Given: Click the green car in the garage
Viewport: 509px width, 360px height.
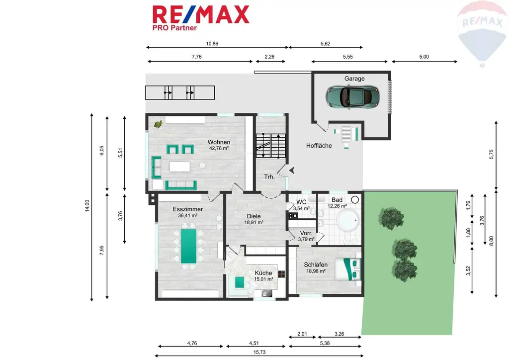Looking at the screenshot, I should [x=352, y=96].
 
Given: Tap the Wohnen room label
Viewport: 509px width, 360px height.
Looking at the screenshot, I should [x=219, y=142].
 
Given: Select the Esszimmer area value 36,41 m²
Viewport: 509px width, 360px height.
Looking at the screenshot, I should [x=188, y=216].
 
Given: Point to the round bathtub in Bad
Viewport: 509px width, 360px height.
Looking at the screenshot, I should [x=348, y=219].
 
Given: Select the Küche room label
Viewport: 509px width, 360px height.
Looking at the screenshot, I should [x=263, y=273].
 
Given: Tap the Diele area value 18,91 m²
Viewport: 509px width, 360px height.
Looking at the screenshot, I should [x=254, y=222].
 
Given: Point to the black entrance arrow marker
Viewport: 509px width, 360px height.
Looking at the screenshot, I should [x=291, y=170].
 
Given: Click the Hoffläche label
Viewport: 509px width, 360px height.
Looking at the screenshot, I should [x=319, y=146].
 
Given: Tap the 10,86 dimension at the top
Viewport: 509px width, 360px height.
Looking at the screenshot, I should [x=212, y=44].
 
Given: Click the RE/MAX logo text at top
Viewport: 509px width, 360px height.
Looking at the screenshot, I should [x=201, y=14].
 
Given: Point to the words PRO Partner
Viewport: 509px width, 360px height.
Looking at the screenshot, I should [x=174, y=28].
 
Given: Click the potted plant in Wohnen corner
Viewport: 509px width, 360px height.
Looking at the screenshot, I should [x=159, y=124].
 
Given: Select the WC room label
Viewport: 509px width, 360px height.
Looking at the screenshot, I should [x=301, y=202].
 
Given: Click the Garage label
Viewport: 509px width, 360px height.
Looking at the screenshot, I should [x=354, y=79].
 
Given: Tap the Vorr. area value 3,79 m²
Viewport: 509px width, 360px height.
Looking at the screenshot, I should [x=306, y=239].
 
